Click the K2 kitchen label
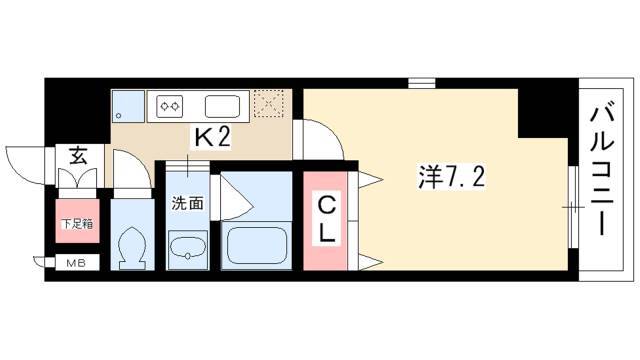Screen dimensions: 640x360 pos(212,137)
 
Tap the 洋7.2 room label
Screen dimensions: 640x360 pos(451,178)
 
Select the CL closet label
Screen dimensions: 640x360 pos(326,219)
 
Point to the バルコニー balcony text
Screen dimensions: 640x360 pos(602,171)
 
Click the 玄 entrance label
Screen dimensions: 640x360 pos(78,155)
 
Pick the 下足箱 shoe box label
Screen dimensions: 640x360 pos(77,224)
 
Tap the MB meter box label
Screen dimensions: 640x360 pos(76,264)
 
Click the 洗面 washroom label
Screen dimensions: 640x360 pos(187,203)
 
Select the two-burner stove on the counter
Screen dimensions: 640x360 pos(170,107)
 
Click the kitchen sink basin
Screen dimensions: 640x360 pos(222,107)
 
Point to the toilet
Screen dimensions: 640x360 pos(131,247)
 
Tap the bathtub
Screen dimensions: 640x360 pos(256,246)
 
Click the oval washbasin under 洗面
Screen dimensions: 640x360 pos(188,247)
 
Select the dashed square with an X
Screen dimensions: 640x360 pos(268,104)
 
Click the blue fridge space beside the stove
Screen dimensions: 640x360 pos(128,106)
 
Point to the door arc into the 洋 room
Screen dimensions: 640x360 pos(331,132)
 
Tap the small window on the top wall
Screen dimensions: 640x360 pos(422,83)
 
